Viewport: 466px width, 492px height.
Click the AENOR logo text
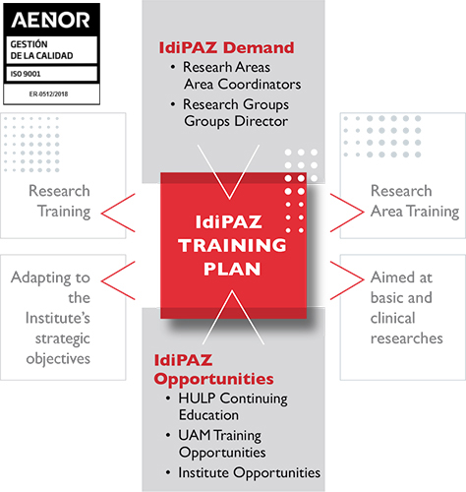50,20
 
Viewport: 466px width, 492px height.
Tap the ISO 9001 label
26,74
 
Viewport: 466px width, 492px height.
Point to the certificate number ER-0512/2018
48,94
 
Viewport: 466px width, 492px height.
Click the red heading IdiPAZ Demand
226,47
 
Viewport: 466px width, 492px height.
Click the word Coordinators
260,85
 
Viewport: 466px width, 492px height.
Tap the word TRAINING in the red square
232,245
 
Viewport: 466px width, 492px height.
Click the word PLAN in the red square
232,269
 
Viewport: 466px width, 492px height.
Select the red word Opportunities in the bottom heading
213,379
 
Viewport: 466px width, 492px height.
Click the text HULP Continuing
233,399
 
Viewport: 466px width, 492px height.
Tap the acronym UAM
194,435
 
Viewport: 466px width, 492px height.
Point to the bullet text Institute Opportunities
250,472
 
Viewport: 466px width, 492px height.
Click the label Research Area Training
415,201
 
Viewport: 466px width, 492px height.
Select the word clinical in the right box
392,318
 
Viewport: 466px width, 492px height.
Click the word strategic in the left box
63,338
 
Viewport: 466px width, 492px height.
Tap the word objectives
58,359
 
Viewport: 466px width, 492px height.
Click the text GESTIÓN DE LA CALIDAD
41,50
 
